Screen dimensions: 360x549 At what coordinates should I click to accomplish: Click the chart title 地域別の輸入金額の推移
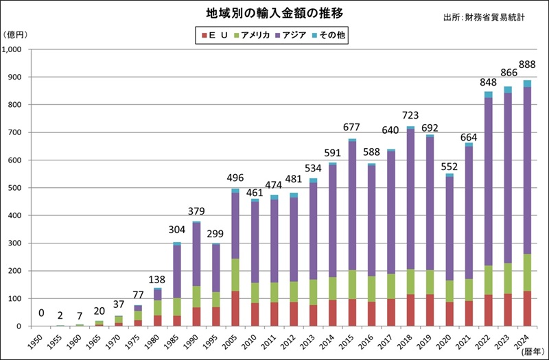(274, 14)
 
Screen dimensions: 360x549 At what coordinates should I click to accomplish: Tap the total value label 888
(527, 64)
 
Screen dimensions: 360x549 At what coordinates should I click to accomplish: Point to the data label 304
(177, 230)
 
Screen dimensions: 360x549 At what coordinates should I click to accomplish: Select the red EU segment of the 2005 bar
(235, 309)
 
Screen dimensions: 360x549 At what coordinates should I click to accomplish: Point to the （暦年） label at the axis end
(531, 352)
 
